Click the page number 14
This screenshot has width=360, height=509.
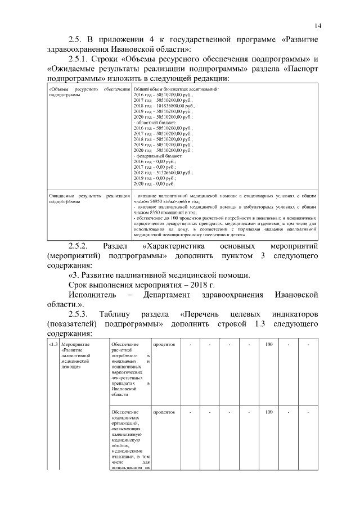[x=318, y=25]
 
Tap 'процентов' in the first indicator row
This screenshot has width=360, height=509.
[x=164, y=344]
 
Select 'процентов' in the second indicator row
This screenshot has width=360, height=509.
[x=164, y=412]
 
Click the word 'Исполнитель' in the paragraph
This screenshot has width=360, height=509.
[x=92, y=294]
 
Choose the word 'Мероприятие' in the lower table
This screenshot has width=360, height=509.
[x=75, y=344]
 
